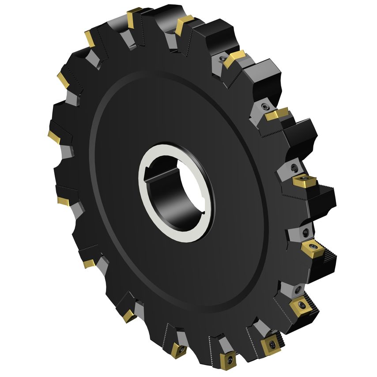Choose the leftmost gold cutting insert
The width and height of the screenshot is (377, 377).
pyautogui.click(x=53, y=136)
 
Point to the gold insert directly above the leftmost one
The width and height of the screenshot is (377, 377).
pyautogui.click(x=63, y=79)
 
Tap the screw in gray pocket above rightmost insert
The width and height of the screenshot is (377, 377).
pyautogui.click(x=294, y=167)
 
